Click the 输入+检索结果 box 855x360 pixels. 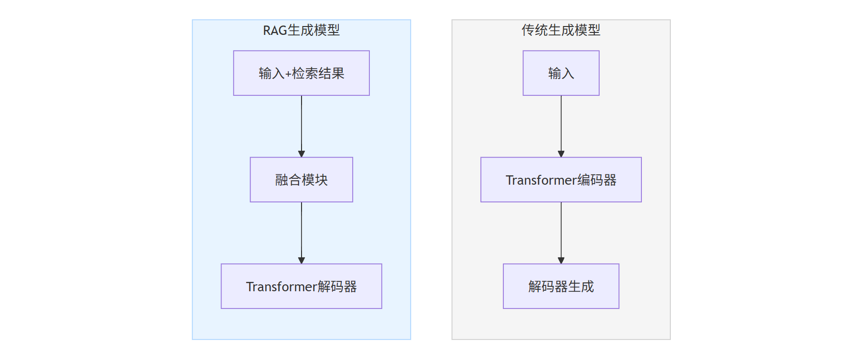[x=302, y=73]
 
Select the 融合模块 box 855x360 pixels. [x=302, y=180]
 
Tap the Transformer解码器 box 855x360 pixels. [x=302, y=286]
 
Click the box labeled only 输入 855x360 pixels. [x=561, y=73]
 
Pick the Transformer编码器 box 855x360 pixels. [x=561, y=180]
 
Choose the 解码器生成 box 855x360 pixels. [x=561, y=286]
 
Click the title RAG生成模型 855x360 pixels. [x=302, y=30]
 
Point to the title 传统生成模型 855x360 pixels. [x=561, y=30]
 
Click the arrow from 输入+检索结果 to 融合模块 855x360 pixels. [x=302, y=126]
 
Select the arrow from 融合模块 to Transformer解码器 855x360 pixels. [x=302, y=233]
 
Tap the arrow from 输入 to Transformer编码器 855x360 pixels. [x=561, y=126]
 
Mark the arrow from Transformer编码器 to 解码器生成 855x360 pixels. [x=561, y=233]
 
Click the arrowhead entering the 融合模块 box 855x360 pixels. [x=302, y=154]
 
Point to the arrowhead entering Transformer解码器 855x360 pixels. [x=302, y=260]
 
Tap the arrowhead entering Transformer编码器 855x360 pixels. [x=561, y=154]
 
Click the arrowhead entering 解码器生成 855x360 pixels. [x=561, y=260]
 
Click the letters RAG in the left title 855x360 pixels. [x=275, y=31]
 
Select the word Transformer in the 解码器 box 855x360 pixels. [x=281, y=287]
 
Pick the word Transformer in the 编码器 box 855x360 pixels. [x=541, y=180]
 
